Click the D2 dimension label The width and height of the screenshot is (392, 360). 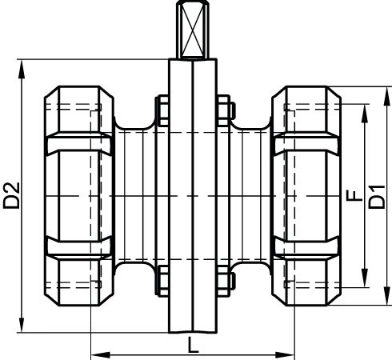point(11,195)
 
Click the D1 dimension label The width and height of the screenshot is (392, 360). point(377,197)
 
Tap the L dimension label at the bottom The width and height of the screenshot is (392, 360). point(193,345)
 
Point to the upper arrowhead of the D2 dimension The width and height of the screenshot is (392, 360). point(22,69)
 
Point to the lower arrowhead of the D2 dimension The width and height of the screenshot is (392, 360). point(22,323)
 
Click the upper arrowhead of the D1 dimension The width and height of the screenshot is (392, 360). point(387,96)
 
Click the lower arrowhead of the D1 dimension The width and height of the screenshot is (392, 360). point(387,296)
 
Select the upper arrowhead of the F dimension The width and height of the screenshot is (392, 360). point(365,114)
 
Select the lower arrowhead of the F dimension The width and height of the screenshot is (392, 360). point(365,278)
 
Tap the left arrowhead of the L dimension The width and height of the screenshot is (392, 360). point(101,355)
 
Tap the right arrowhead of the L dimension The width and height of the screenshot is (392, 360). point(285,355)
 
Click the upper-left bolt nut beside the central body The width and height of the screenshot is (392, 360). point(162,110)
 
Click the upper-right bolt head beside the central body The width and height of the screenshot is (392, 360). point(226,110)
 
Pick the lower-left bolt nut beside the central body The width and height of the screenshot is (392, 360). point(162,281)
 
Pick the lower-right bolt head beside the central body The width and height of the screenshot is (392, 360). point(226,281)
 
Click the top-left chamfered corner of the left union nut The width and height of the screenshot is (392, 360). point(51,92)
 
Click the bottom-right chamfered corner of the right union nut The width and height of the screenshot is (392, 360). point(334,299)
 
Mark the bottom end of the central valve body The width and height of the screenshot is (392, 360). point(193,333)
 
